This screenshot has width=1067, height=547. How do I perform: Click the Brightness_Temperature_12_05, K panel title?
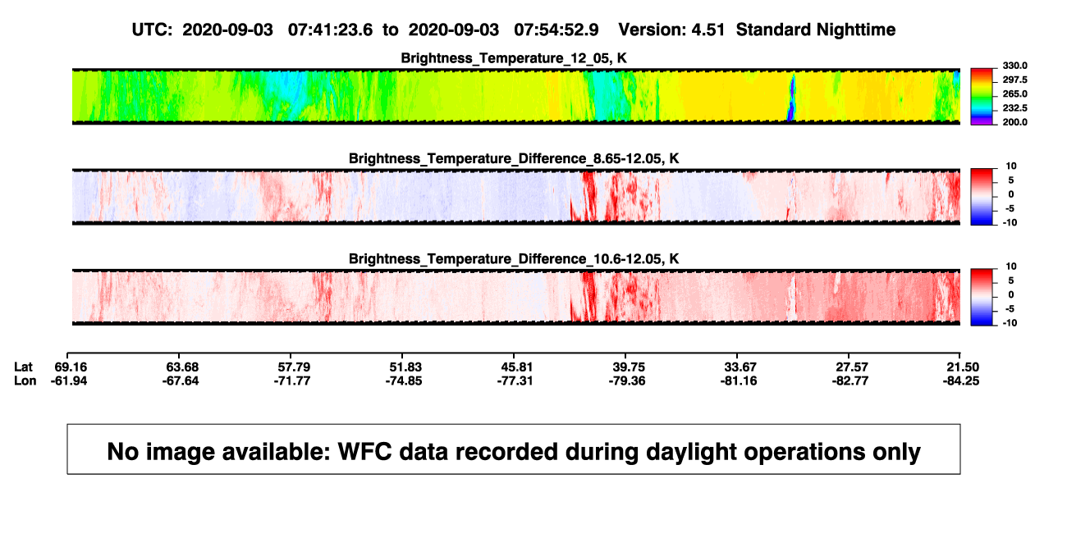pyautogui.click(x=514, y=58)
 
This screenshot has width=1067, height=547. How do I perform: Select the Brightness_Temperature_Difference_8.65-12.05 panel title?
pyautogui.click(x=514, y=158)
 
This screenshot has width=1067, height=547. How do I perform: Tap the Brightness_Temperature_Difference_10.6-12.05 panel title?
pyautogui.click(x=514, y=259)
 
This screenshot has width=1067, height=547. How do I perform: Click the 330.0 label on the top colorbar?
pyautogui.click(x=1014, y=66)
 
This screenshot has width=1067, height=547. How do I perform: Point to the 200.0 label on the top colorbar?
pyautogui.click(x=1014, y=122)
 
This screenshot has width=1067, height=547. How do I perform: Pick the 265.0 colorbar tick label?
pyautogui.click(x=1014, y=93)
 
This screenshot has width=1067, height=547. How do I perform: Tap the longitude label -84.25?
pyautogui.click(x=961, y=381)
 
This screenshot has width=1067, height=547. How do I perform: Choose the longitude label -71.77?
pyautogui.click(x=292, y=381)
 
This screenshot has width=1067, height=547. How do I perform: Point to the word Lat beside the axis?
pyautogui.click(x=23, y=367)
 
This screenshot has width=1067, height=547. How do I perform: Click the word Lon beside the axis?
pyautogui.click(x=25, y=381)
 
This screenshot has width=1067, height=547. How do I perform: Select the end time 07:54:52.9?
pyautogui.click(x=556, y=30)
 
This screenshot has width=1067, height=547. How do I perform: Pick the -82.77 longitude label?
pyautogui.click(x=850, y=381)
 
